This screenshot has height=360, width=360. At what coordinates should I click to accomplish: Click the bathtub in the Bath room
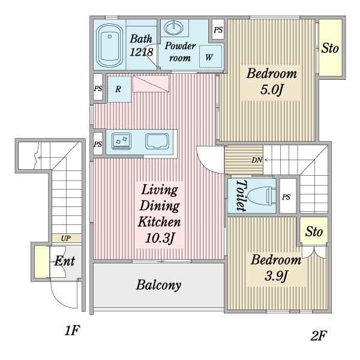(x=109, y=46)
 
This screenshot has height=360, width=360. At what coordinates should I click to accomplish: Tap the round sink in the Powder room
(x=174, y=28)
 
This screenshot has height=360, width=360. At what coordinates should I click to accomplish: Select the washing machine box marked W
(x=211, y=56)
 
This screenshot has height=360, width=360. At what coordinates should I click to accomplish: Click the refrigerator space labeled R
(x=119, y=89)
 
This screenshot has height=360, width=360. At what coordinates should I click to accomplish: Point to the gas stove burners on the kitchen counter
(x=121, y=141)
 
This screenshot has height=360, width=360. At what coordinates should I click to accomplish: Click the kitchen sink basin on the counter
(x=157, y=141)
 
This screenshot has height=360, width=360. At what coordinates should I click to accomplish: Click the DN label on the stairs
(x=257, y=160)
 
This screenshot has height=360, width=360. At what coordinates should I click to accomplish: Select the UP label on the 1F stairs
(x=65, y=238)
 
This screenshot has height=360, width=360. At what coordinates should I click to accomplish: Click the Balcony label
(x=158, y=285)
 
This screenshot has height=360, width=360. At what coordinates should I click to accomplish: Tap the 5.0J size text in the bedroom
(x=271, y=90)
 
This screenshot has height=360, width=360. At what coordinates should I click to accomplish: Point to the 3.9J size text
(x=276, y=276)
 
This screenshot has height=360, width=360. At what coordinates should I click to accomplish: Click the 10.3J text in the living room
(x=160, y=238)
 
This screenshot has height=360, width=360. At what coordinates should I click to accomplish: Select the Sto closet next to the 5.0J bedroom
(x=331, y=47)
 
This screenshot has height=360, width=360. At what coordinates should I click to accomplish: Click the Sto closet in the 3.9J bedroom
(x=314, y=231)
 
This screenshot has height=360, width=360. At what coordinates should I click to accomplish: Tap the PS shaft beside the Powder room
(x=218, y=30)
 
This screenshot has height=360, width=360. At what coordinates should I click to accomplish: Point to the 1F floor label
(x=72, y=331)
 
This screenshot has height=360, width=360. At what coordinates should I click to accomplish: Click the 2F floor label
(x=319, y=335)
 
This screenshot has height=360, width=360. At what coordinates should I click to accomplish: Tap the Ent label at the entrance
(x=65, y=261)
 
